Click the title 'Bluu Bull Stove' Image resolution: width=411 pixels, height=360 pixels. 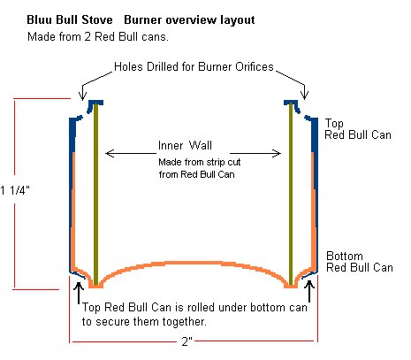70,20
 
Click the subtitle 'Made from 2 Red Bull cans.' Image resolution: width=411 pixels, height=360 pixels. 98,37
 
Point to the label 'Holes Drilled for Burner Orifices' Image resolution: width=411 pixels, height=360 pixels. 194,66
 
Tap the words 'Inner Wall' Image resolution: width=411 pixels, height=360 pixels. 185,145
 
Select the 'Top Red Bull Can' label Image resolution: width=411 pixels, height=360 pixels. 358,129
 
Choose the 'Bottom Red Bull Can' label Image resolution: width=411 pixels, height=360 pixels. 360,262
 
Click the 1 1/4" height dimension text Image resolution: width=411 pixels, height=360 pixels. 15,190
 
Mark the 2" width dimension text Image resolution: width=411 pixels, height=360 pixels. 187,341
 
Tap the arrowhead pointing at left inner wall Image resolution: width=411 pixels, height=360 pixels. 110,153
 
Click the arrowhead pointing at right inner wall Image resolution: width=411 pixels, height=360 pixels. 277,153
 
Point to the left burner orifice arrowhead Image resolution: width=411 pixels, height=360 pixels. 83,96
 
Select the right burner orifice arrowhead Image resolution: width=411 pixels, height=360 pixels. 304,95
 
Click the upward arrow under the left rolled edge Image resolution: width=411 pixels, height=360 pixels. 79,293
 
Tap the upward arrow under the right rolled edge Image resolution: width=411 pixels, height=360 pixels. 309,291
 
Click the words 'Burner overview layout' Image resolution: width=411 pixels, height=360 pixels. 189,20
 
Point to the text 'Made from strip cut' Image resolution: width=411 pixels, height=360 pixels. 200,162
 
